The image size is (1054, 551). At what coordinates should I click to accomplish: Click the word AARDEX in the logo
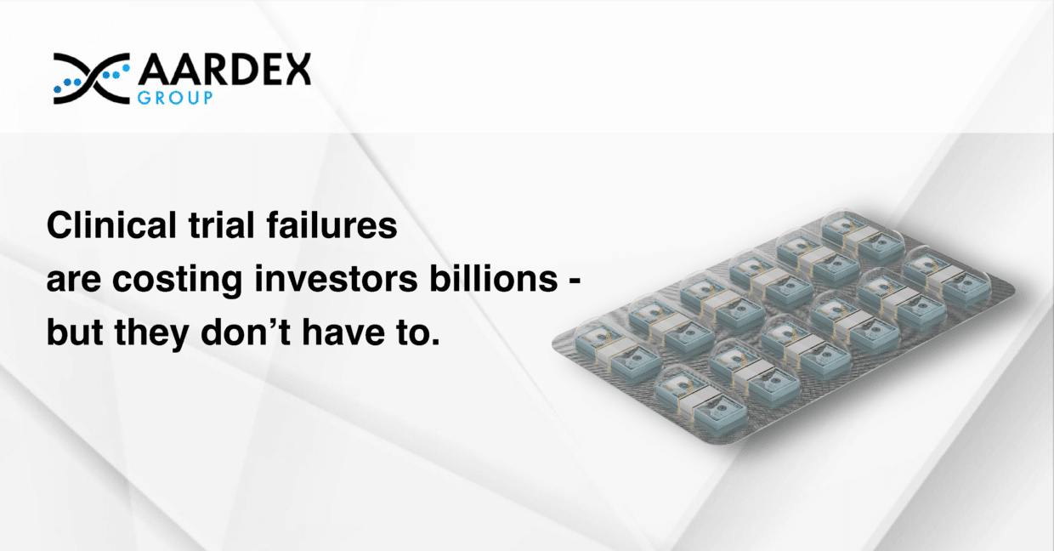click(224, 70)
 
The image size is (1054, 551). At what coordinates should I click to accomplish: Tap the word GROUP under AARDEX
click(175, 98)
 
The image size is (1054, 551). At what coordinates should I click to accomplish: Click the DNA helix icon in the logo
click(91, 78)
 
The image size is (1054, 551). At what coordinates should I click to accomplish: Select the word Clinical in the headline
click(111, 225)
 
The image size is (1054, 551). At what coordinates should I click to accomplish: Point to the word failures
click(331, 225)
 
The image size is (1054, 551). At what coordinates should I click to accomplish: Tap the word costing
click(178, 281)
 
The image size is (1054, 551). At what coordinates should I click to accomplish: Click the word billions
click(494, 279)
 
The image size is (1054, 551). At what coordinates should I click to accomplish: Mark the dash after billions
click(575, 281)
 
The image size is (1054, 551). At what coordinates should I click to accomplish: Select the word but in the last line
click(75, 332)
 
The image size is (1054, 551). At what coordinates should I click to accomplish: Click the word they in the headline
click(152, 334)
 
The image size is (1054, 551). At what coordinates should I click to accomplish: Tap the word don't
click(246, 332)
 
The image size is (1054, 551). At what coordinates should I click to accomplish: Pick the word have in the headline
click(343, 332)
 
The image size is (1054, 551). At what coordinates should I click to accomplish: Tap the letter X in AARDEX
click(295, 70)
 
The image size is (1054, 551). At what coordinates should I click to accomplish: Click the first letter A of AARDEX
click(154, 70)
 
